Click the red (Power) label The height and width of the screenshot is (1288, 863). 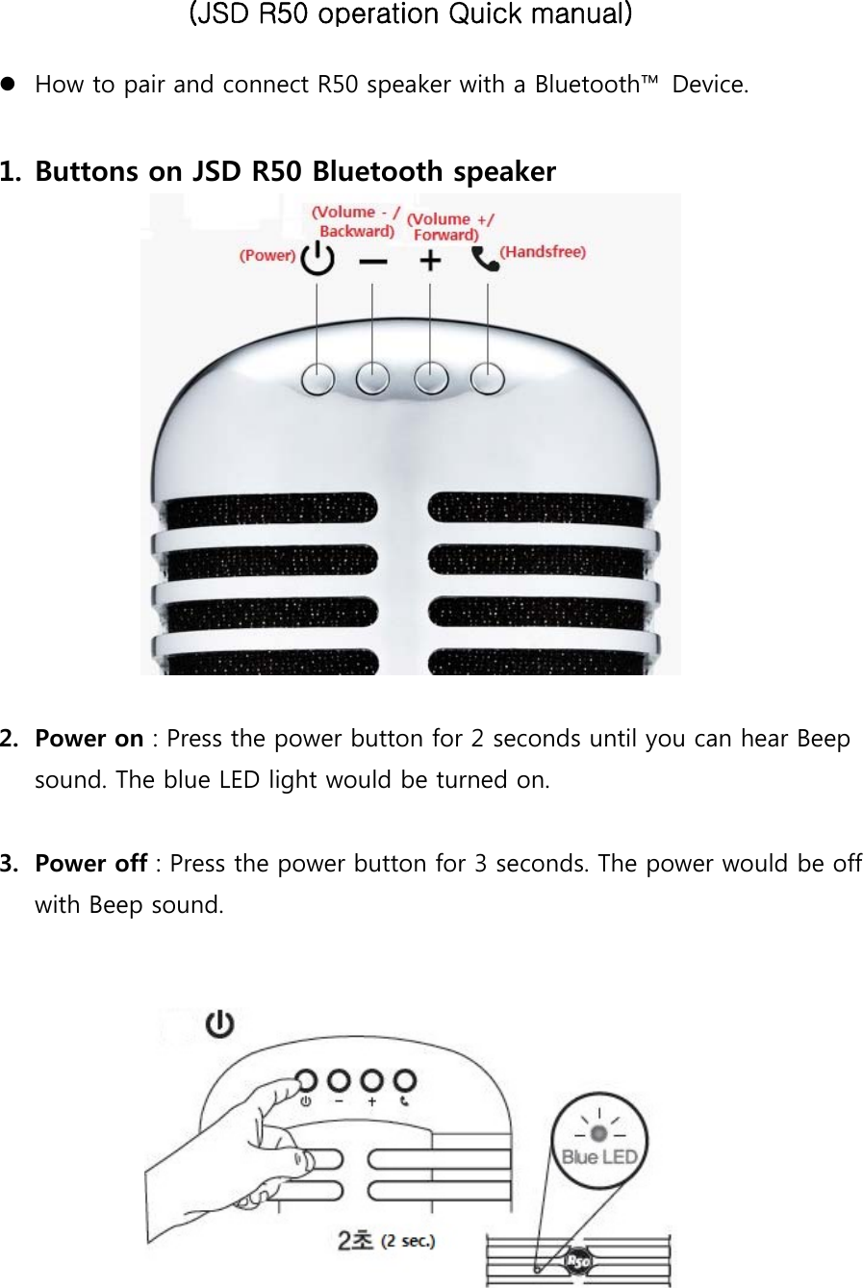coord(267,256)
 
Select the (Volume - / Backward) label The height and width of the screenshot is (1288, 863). coord(355,221)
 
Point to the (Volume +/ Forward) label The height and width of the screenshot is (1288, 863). coord(448,226)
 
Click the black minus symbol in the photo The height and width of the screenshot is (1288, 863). coord(373,262)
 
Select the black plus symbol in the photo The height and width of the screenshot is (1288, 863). coord(431,261)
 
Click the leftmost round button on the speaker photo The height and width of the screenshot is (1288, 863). coord(317,380)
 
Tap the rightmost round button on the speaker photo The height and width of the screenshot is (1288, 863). coord(488,380)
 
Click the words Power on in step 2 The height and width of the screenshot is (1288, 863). coord(89,739)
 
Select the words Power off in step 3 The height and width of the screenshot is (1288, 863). coord(90,864)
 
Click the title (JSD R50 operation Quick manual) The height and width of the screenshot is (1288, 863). coord(411,15)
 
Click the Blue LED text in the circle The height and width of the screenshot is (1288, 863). coord(599,1157)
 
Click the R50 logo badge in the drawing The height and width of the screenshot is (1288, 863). coord(578,1261)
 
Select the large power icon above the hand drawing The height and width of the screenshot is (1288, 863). coord(220,1024)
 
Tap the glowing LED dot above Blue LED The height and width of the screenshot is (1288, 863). coord(598,1132)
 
